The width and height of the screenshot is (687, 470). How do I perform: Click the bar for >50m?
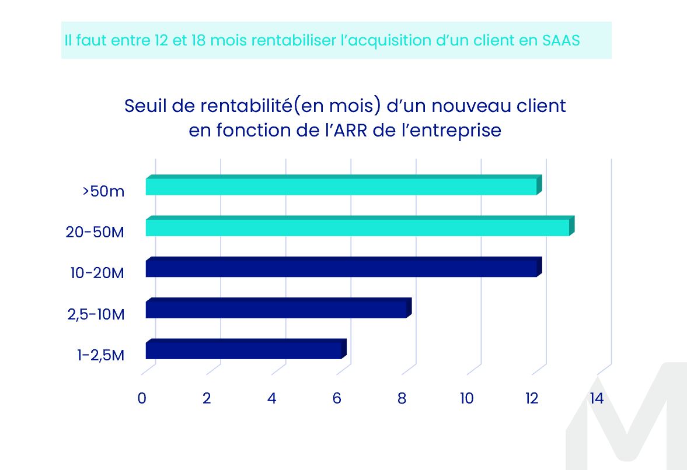[x=341, y=186]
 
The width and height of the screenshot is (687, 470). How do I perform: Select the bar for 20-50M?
[x=357, y=227]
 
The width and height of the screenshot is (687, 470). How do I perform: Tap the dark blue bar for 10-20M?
[x=341, y=268]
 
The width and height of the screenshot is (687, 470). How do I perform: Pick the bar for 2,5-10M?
[x=276, y=309]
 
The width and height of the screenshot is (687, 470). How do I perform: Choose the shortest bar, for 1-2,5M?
[x=243, y=350]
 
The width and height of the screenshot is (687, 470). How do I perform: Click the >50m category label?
[x=104, y=191]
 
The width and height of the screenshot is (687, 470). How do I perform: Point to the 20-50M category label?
[x=95, y=232]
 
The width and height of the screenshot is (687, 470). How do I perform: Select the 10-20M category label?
[x=95, y=273]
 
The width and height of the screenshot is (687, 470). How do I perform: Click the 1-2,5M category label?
[x=100, y=355]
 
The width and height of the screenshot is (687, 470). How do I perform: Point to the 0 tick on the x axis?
[x=142, y=399]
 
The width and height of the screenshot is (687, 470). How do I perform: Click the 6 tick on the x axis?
[x=337, y=399]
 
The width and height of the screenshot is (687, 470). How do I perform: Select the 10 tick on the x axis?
[x=466, y=399]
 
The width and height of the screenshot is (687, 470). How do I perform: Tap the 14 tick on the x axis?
[x=597, y=399]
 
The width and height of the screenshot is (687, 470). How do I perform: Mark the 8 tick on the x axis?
[x=402, y=399]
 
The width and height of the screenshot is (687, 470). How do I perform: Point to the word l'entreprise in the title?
[x=452, y=130]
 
